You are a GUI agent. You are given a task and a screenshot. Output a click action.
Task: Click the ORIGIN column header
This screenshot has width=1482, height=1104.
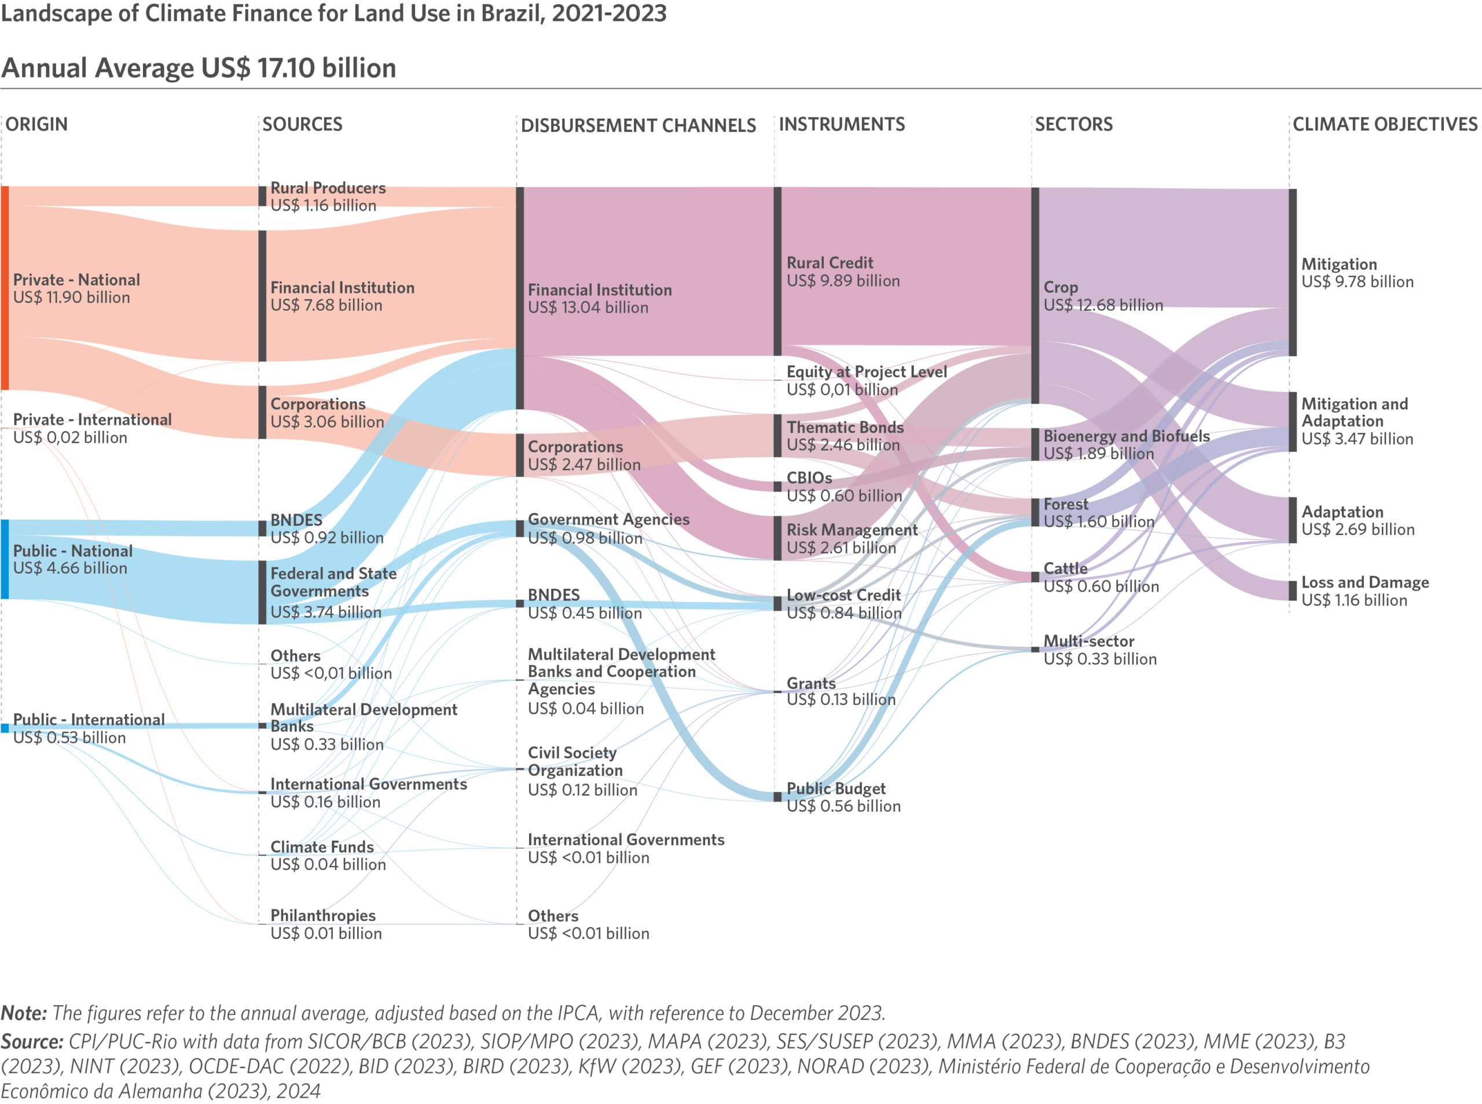(x=36, y=124)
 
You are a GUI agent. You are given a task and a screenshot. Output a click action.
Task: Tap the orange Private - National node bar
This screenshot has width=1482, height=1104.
(x=5, y=288)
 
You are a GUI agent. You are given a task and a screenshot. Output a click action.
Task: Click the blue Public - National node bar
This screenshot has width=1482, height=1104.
(x=5, y=559)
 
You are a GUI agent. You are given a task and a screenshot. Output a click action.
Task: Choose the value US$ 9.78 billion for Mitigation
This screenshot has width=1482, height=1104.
(x=1357, y=282)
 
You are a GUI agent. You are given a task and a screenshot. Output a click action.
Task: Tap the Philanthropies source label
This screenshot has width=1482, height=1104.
(x=322, y=915)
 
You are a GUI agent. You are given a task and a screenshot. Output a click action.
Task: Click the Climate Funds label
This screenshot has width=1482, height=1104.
(x=322, y=847)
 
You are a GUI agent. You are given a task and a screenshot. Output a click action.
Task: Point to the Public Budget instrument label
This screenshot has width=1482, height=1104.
(x=836, y=788)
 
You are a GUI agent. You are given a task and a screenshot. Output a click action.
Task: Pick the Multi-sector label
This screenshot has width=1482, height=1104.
(x=1088, y=641)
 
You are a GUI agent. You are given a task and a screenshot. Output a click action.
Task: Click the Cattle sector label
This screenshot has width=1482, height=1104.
(x=1065, y=568)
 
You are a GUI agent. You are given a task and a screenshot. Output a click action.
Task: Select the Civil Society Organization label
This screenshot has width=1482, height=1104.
(x=575, y=761)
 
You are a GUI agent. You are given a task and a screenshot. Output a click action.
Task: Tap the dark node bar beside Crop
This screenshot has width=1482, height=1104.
(x=1035, y=295)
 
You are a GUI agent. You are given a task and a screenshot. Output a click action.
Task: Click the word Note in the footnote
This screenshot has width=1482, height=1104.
(x=23, y=1013)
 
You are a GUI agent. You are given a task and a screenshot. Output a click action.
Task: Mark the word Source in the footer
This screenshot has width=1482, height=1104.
(x=32, y=1041)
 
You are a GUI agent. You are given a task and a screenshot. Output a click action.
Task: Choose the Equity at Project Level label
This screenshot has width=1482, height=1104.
(x=867, y=372)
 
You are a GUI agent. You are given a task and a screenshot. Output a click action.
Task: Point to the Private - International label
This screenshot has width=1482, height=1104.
(x=92, y=419)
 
